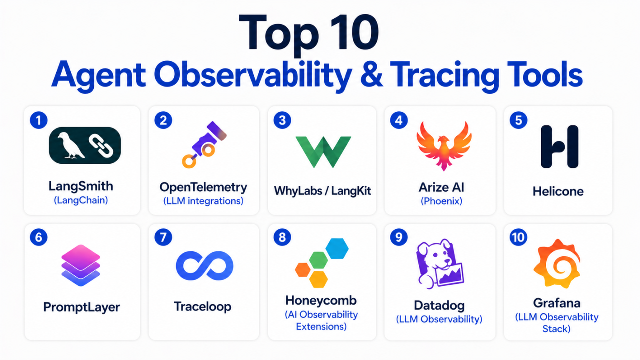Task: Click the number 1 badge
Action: (39, 120)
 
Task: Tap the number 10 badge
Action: (518, 237)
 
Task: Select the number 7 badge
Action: (163, 237)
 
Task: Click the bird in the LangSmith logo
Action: (70, 145)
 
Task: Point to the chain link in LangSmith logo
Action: (100, 146)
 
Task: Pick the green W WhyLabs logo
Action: (323, 152)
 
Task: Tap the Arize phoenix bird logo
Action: (444, 146)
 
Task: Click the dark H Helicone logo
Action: (560, 147)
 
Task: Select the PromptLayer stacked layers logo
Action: (80, 265)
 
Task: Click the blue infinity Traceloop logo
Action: (205, 266)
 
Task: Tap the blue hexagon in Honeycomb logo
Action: (337, 249)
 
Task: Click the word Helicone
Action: (558, 191)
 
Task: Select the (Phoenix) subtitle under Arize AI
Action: (441, 201)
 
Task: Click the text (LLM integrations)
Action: (203, 201)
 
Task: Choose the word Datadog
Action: (439, 305)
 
